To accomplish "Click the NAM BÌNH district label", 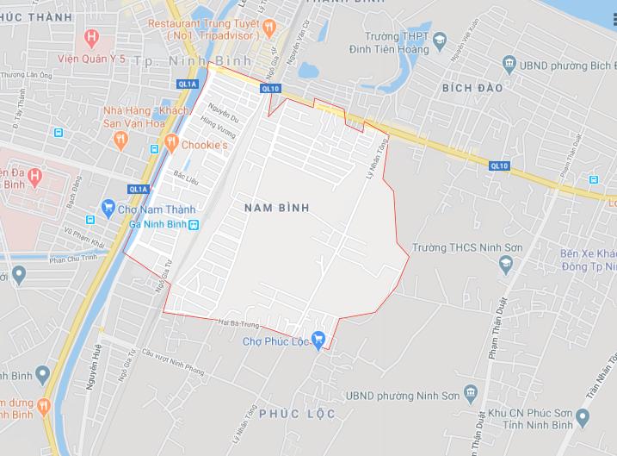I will [276, 209].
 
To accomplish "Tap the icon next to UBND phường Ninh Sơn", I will [469, 395].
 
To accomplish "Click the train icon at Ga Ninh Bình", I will [194, 225].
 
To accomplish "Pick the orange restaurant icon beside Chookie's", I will [171, 144].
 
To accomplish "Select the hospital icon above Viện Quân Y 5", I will [93, 37].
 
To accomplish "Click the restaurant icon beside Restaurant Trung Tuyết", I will [269, 28].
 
